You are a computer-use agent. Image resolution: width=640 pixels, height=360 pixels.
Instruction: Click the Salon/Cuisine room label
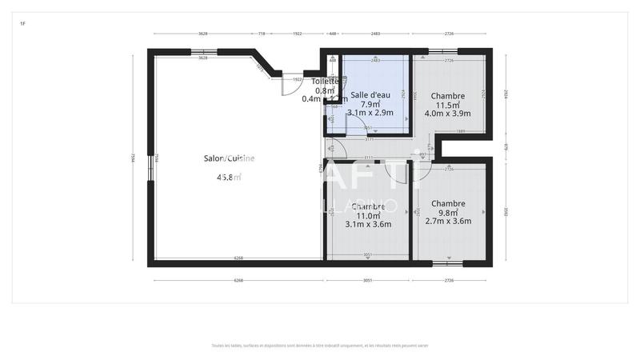[229, 158]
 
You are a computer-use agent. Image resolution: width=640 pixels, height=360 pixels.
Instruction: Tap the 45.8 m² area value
[229, 178]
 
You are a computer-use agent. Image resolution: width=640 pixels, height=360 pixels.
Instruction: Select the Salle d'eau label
[370, 94]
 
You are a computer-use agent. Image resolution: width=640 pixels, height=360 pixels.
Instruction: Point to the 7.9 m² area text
[370, 104]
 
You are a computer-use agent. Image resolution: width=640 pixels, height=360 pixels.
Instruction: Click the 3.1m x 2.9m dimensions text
[370, 114]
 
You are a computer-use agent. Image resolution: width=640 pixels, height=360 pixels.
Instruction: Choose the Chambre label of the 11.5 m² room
[447, 95]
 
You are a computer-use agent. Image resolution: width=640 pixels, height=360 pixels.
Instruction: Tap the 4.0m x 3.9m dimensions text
[447, 114]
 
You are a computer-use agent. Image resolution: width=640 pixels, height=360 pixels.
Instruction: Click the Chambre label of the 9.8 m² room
[447, 203]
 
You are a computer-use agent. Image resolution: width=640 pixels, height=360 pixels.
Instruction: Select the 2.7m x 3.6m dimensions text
[447, 222]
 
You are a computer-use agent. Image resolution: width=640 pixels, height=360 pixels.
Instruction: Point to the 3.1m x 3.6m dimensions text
[369, 225]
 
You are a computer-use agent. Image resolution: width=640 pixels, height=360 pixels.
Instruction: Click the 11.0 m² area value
[369, 215]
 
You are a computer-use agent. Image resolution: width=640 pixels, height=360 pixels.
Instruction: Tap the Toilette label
[325, 82]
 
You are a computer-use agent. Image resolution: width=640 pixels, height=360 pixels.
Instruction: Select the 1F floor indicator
[22, 25]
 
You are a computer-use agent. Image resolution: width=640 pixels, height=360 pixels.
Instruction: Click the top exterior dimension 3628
[203, 34]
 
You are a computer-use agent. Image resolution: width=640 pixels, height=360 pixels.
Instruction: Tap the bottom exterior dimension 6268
[238, 281]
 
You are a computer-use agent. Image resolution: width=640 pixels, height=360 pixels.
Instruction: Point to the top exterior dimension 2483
[375, 34]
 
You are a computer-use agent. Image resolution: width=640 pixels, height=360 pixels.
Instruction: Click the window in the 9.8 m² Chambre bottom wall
[448, 262]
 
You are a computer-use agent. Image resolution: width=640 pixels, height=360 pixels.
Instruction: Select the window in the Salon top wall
[203, 52]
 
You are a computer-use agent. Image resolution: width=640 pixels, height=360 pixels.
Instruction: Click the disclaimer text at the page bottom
[320, 346]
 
